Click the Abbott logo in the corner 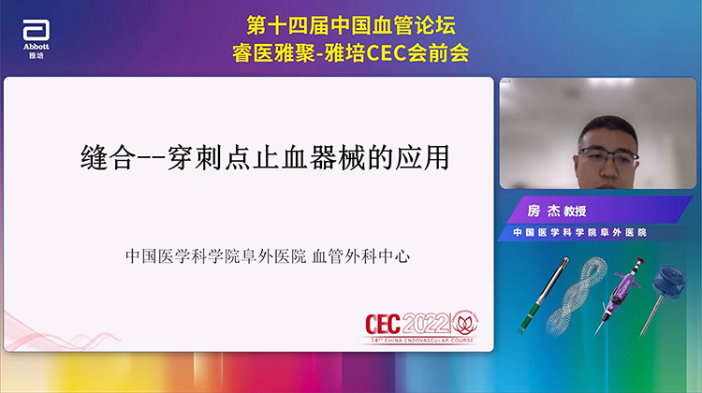click(36, 36)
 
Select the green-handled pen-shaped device click(560, 296)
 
